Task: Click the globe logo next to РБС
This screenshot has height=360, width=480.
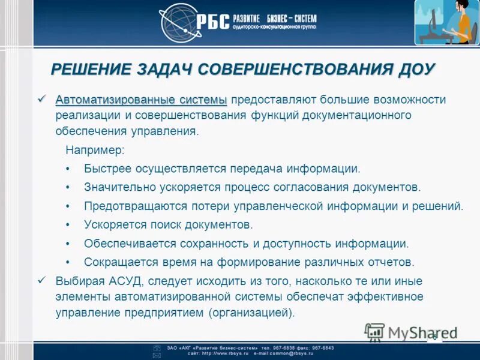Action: tap(178, 23)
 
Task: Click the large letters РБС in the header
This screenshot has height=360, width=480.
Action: tap(213, 22)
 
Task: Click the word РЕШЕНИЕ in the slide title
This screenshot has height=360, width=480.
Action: tap(94, 70)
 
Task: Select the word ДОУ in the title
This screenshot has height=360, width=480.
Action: tap(414, 70)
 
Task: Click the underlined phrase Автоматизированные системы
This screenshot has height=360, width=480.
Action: tap(141, 100)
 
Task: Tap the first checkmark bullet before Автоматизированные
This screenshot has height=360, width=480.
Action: tap(41, 99)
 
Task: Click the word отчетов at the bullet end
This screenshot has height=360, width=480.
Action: tap(392, 262)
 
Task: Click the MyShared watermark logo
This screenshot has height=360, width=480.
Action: tap(411, 332)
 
